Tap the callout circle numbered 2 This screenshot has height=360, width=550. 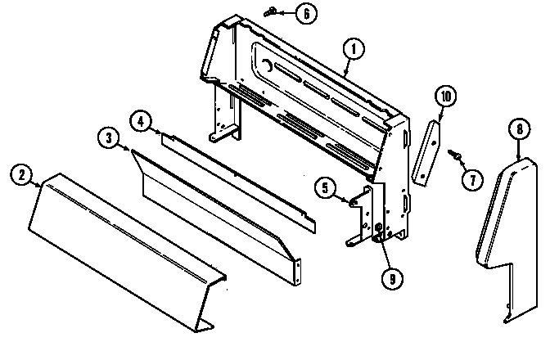(22, 173)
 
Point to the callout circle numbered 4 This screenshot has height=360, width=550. (141, 120)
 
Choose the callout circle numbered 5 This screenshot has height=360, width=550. (326, 189)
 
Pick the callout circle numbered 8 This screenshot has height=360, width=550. (516, 128)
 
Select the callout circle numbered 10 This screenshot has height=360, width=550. (444, 97)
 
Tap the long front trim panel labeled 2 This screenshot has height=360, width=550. (123, 245)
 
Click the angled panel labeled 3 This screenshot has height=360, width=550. (213, 205)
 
